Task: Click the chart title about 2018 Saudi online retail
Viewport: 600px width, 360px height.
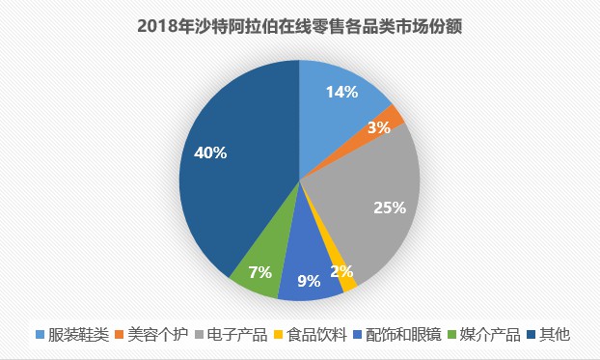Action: (300, 26)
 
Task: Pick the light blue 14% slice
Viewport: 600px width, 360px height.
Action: (333, 97)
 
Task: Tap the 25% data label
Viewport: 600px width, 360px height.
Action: (390, 207)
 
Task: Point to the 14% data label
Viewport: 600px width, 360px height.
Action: (341, 93)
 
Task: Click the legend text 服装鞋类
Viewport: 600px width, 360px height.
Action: (77, 335)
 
